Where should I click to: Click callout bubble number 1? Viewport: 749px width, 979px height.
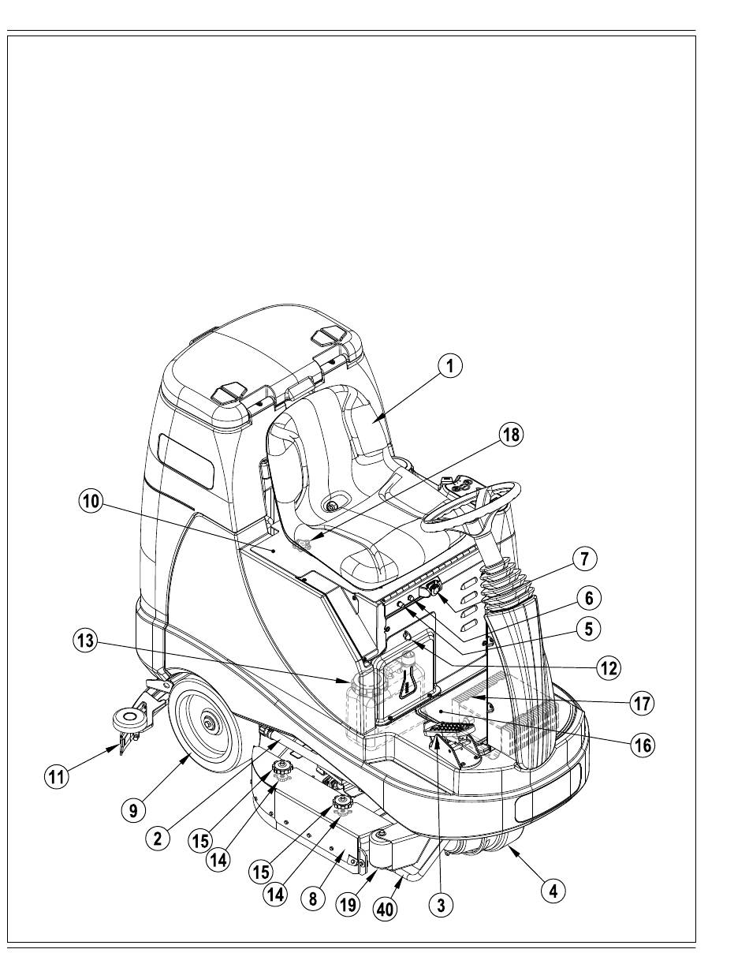[x=449, y=366]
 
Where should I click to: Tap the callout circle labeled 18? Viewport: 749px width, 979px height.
[x=511, y=435]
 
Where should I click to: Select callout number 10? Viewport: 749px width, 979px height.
[x=91, y=502]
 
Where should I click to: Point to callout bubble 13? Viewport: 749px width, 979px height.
[x=85, y=641]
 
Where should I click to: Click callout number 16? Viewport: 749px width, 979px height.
[x=643, y=745]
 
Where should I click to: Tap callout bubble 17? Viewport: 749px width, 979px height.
[x=643, y=703]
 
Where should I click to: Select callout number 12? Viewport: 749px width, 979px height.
[x=608, y=668]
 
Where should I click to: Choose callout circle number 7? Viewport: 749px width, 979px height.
[x=584, y=559]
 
